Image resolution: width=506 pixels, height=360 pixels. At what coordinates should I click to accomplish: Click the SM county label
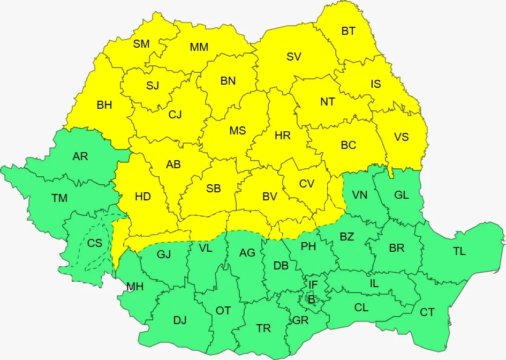(141, 44)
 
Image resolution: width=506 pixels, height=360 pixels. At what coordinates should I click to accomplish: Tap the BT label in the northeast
(349, 31)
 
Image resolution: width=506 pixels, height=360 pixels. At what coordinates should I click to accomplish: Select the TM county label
(59, 198)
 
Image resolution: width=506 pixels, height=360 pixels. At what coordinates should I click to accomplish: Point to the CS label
(95, 243)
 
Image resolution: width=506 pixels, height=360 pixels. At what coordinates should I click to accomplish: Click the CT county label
(427, 312)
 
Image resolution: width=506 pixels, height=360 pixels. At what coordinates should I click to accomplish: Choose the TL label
(459, 251)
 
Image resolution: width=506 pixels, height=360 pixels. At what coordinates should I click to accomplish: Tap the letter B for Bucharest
(311, 299)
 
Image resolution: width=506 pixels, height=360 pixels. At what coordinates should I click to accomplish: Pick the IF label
(313, 284)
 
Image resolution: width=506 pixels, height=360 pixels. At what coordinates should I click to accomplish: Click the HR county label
(283, 136)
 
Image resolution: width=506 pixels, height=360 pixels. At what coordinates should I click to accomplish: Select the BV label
(270, 197)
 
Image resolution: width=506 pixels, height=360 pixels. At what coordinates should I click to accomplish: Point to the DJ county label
(180, 320)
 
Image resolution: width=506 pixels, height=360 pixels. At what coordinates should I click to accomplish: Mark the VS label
(402, 137)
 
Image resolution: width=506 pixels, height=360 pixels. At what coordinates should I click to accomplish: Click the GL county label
(402, 195)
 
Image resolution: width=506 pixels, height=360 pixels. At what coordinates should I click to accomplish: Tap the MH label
(135, 287)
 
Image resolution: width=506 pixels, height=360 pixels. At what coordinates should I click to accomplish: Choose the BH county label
(104, 105)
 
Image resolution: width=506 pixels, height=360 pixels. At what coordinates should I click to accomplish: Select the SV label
(294, 57)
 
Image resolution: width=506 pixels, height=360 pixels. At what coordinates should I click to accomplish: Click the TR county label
(263, 328)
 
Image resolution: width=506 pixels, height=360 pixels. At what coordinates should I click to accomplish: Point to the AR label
(80, 156)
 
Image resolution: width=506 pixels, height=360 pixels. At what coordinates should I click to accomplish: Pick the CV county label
(307, 184)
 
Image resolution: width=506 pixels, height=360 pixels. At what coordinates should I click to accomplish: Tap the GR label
(300, 320)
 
